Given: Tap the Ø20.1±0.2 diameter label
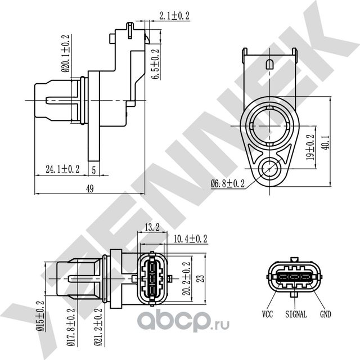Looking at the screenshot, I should [x=65, y=55].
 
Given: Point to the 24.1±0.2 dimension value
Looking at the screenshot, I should [x=62, y=168].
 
